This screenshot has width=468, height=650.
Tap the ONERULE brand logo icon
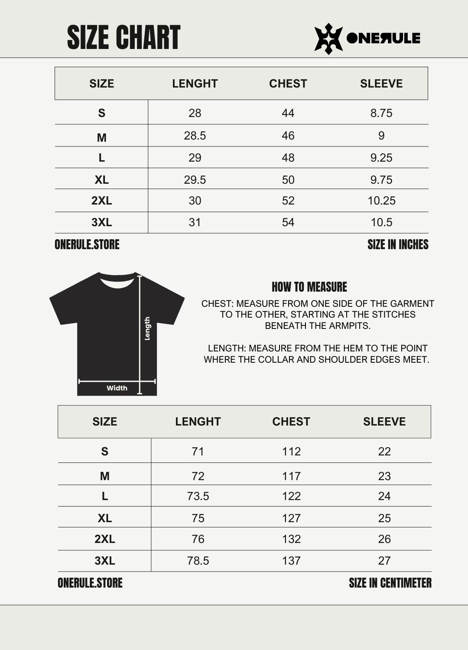coord(328,39)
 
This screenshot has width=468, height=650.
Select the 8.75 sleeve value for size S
coord(381,113)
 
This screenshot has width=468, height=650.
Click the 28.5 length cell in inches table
coord(195,136)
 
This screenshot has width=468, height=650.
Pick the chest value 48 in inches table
coord(288,158)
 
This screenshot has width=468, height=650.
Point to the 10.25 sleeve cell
coord(381,201)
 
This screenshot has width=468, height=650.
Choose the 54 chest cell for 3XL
coord(288,222)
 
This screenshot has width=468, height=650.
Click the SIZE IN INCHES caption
coord(398,244)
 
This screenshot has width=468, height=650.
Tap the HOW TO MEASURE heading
coord(309,287)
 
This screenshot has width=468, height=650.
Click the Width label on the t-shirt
coord(117,388)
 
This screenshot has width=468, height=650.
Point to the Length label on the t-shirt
coord(147,328)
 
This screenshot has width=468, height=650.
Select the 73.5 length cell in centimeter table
coord(198,496)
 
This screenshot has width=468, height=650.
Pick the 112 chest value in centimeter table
coord(291,452)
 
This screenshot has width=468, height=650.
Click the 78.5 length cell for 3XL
coord(198,561)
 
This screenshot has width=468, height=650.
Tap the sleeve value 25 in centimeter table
coord(384,518)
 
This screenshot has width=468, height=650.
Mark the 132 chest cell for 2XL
coord(291,539)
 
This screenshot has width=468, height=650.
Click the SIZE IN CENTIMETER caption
coord(390,583)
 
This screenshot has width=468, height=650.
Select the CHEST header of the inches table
coord(288,84)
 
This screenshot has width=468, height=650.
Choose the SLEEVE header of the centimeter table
coord(384,422)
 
